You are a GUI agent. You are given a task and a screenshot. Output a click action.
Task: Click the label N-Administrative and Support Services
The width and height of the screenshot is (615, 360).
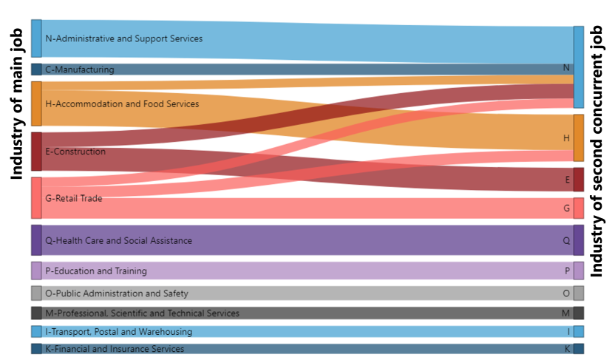coord(123,38)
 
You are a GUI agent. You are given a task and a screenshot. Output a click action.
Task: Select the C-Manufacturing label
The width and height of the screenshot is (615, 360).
coord(80,70)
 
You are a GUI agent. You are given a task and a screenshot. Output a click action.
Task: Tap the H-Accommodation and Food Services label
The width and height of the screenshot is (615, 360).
coord(122,104)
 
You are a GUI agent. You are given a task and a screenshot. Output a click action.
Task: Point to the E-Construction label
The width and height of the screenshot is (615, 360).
coord(75,152)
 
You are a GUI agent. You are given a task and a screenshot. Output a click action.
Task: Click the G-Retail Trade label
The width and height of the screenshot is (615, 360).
coord(74,199)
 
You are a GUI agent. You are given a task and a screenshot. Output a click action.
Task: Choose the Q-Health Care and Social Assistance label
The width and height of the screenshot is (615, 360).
coord(118,241)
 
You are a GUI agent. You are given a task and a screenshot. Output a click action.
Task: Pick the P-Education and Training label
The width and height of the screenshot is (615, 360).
coord(96,271)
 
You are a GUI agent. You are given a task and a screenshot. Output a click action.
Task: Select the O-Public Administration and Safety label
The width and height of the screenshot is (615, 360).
coord(117,293)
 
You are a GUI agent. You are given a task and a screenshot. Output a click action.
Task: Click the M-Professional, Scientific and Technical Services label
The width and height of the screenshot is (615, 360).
coord(142,313)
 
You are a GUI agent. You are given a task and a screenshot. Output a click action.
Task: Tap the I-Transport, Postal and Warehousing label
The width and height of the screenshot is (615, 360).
coord(118,332)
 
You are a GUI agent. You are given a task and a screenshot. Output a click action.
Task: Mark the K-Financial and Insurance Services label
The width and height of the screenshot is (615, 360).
coord(115,349)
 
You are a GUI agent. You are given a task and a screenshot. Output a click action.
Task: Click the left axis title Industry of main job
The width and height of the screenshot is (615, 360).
coord(17,103)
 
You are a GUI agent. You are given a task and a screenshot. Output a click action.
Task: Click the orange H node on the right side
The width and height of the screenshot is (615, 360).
coord(579,138)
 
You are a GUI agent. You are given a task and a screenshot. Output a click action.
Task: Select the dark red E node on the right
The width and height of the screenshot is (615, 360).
coord(579,180)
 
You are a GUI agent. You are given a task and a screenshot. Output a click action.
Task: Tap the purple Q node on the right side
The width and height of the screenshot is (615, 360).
coord(579,240)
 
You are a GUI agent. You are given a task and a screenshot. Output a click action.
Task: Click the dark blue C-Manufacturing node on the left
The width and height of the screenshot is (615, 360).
coord(36,70)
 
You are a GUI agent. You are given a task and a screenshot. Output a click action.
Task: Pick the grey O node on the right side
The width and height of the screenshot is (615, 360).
coord(579,293)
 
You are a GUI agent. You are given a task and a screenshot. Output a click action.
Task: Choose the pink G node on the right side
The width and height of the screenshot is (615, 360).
coord(579,208)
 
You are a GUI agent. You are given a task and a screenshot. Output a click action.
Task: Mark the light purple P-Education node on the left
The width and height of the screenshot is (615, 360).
coord(36,271)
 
